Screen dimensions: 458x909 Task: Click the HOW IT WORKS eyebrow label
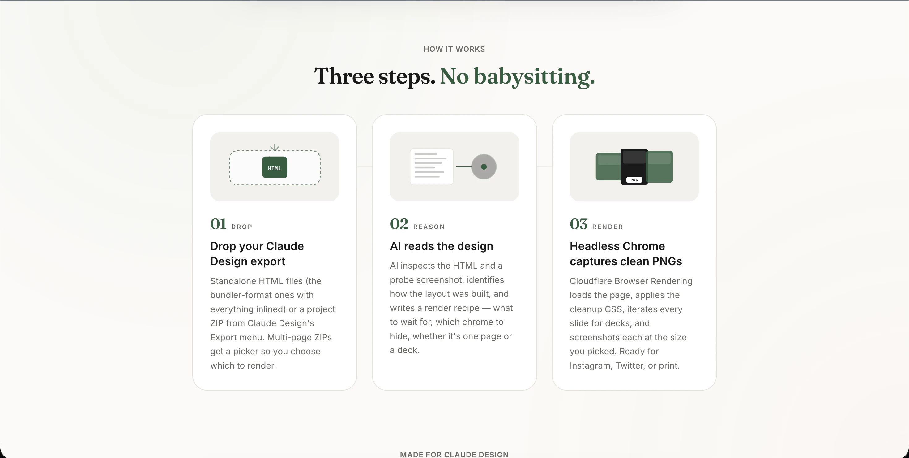[454, 49]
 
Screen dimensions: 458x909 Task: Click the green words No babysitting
[517, 76]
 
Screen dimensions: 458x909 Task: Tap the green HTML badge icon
[275, 167]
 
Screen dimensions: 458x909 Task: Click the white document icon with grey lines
[431, 166]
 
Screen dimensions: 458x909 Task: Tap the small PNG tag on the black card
[634, 180]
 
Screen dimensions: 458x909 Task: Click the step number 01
[218, 224]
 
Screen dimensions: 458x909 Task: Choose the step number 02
[399, 224]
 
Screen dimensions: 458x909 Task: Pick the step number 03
[578, 224]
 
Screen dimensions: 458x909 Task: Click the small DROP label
[242, 227]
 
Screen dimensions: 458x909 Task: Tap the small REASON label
[429, 227]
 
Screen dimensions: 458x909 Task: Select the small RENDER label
[607, 227]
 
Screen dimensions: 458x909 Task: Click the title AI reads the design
[442, 246]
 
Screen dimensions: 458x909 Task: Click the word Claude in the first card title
[285, 246]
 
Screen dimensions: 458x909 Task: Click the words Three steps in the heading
[374, 76]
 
